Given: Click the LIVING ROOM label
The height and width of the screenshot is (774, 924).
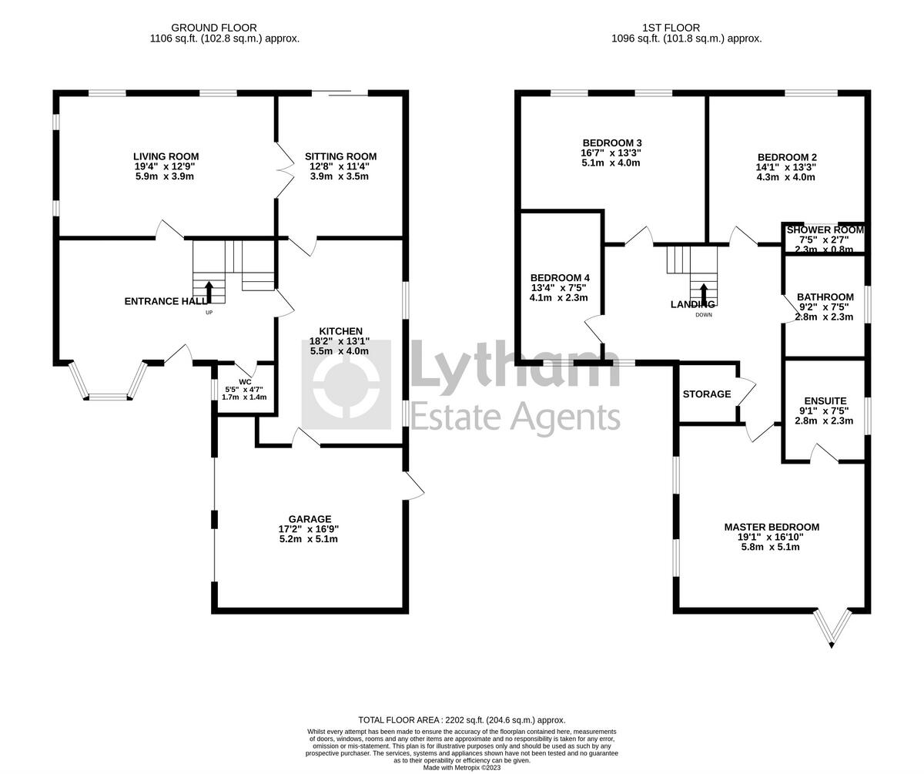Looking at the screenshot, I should coord(166,156).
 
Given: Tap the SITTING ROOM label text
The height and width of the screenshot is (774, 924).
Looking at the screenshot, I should coord(340,156).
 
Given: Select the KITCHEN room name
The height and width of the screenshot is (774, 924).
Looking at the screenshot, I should coord(340,331).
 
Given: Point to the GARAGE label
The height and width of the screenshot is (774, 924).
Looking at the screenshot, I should coord(310,519).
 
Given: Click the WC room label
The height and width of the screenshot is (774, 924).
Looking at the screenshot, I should coord(245,382).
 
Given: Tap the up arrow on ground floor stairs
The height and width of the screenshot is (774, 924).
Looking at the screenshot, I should coord(209,293).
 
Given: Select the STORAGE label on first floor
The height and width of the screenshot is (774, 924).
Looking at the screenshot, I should coord(706,394).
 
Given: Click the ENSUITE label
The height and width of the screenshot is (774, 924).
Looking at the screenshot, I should coord(825,401).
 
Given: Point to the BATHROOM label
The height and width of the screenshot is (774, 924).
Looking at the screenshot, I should coord(825,297).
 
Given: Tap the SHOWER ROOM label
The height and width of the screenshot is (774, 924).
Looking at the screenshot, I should coord(825,230).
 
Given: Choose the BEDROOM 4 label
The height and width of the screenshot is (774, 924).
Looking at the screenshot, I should coord(560,278).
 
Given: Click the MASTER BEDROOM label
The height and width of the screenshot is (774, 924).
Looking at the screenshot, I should coord(772,528).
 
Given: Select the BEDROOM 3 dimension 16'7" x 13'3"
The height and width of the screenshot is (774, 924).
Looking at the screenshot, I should coord(611,153).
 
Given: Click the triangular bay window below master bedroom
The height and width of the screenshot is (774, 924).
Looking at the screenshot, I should coord(832,628).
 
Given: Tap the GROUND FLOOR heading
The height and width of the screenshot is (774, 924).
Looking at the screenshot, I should coord(214,28).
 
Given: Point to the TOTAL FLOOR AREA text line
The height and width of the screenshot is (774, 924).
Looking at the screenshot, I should coord(462,720).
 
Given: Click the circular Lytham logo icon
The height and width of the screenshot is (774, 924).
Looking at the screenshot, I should coord(346,384).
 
